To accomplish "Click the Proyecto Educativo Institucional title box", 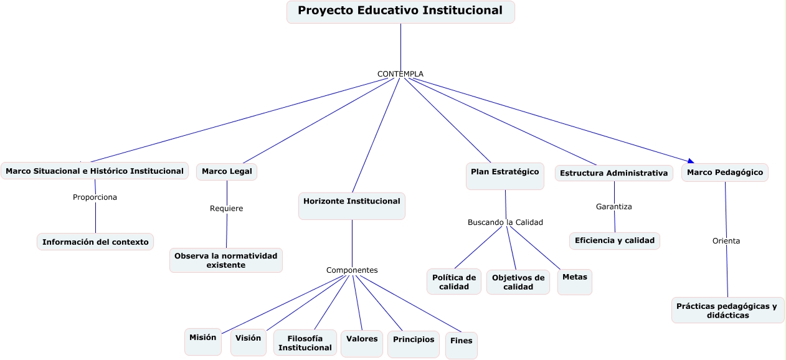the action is [x=400, y=12].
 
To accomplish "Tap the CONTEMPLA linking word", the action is [x=400, y=74].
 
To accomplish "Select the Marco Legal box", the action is [x=227, y=171].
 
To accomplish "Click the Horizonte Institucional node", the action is [x=352, y=206].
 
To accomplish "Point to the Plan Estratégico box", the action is [x=505, y=176].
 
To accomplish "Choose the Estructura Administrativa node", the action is [x=614, y=173].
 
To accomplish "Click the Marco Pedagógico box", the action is [x=725, y=173].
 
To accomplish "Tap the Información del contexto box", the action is [x=95, y=242].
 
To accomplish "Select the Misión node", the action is [x=203, y=342].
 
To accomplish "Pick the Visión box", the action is [x=249, y=343].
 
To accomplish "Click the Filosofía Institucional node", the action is [x=305, y=343].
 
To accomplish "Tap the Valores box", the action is [x=362, y=344].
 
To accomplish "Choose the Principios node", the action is [x=414, y=344].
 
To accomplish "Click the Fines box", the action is [x=462, y=346].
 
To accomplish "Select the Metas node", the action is [x=575, y=282].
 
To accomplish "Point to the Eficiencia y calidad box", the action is [x=615, y=240].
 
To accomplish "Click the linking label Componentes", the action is [x=352, y=270].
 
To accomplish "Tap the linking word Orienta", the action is [x=726, y=241].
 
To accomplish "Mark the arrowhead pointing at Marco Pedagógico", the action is [x=691, y=161].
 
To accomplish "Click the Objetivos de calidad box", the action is [x=518, y=282].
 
